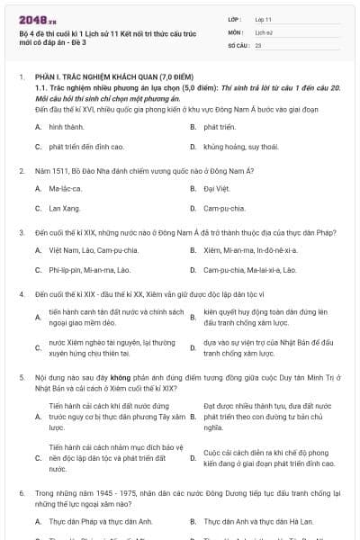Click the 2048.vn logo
coord(31,18)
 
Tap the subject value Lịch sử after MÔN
coord(262,31)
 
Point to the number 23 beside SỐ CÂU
coord(258,44)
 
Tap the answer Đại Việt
coord(216,189)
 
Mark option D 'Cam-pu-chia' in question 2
coord(224,208)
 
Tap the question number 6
coord(22,494)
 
